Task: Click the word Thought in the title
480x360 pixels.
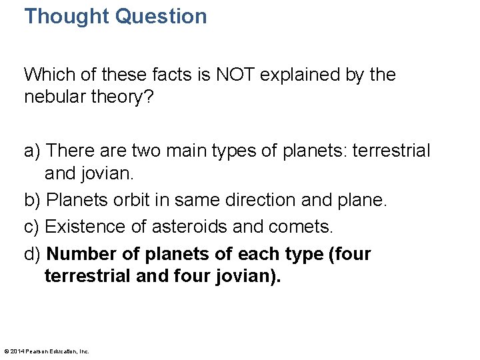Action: [x=67, y=16]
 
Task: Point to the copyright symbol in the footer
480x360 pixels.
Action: [x=7, y=351]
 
